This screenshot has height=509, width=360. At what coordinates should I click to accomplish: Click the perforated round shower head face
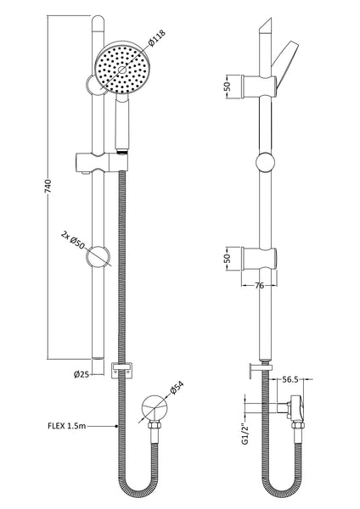[x=114, y=69]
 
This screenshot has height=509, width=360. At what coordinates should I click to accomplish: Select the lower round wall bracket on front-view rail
[x=99, y=255]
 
